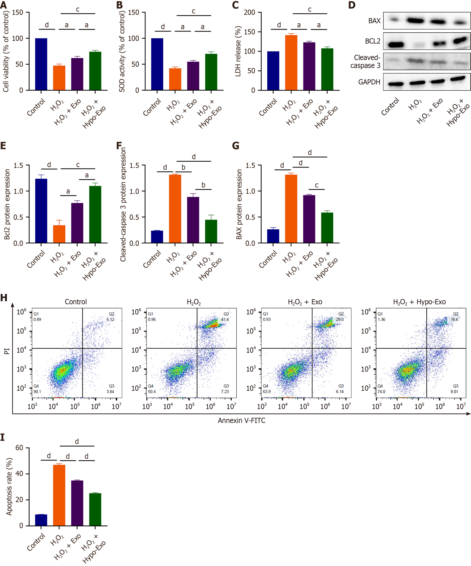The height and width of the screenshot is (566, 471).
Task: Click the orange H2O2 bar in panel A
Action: coord(59,78)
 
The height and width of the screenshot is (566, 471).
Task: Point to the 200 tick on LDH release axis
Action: coord(249,12)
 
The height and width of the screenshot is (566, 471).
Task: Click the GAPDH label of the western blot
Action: coord(369,82)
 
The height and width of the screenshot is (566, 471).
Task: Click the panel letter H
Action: coord(4,298)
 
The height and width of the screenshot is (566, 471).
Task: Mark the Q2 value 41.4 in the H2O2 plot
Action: coord(225,319)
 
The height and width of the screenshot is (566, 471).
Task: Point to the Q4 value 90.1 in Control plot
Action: coord(37,392)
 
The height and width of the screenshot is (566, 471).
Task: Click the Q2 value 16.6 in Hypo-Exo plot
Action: coord(454,319)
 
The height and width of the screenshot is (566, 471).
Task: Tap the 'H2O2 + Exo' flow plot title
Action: coord(305,302)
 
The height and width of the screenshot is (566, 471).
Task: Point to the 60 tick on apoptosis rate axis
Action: coord(19,448)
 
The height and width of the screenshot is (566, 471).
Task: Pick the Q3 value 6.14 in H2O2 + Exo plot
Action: coord(340,392)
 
